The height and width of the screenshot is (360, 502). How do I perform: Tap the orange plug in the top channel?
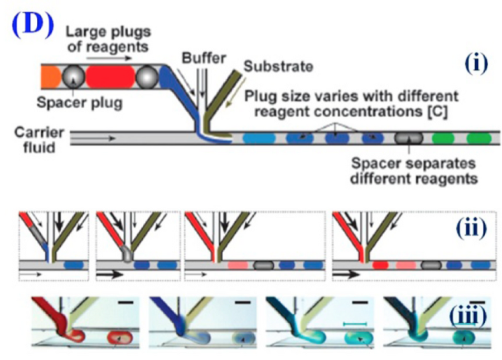coord(50,76)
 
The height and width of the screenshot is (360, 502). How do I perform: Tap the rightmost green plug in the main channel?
coord(478,137)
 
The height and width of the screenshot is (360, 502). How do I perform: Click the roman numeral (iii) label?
coord(467,316)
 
